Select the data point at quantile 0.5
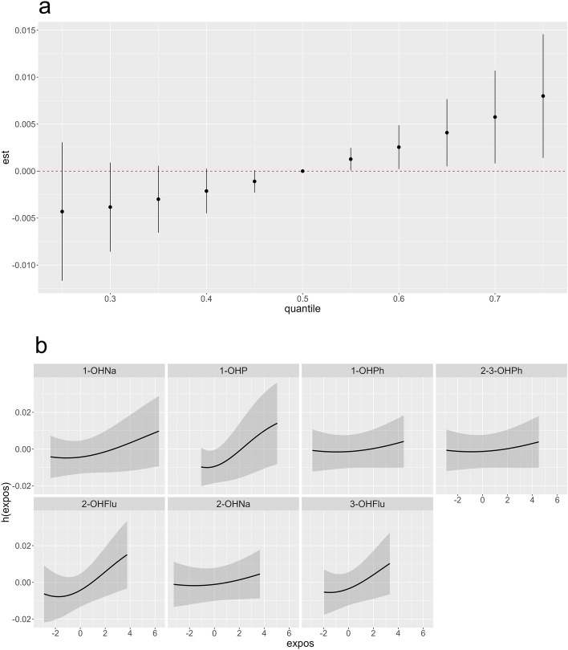(x=302, y=171)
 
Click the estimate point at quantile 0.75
(x=543, y=96)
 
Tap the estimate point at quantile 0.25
(x=62, y=212)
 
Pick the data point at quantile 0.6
(x=399, y=147)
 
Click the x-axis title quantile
(x=302, y=308)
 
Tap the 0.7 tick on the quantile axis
(x=495, y=298)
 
